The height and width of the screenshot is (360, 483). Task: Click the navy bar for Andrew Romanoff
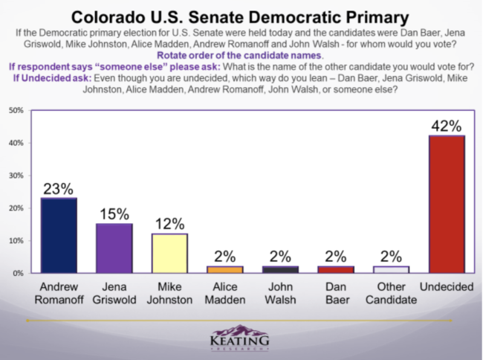pyautogui.click(x=59, y=235)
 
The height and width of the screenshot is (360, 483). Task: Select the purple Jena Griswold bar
pyautogui.click(x=114, y=248)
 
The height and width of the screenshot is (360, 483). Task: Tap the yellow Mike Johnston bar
pyautogui.click(x=169, y=254)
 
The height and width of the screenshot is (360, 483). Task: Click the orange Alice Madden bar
pyautogui.click(x=224, y=269)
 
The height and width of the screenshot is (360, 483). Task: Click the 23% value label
pyautogui.click(x=59, y=188)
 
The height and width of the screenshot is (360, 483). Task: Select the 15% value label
pyautogui.click(x=114, y=213)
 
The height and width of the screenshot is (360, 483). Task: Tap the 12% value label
pyautogui.click(x=169, y=223)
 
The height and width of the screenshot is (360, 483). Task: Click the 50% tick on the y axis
pyautogui.click(x=16, y=110)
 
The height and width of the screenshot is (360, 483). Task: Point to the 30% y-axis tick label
pyautogui.click(x=16, y=176)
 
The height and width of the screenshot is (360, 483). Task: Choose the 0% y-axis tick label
pyautogui.click(x=18, y=273)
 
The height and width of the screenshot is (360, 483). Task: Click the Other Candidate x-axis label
pyautogui.click(x=391, y=292)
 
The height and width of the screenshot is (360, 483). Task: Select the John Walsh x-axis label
pyautogui.click(x=280, y=292)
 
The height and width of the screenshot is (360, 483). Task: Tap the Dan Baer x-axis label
pyautogui.click(x=336, y=292)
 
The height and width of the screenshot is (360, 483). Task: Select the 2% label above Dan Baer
pyautogui.click(x=336, y=256)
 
